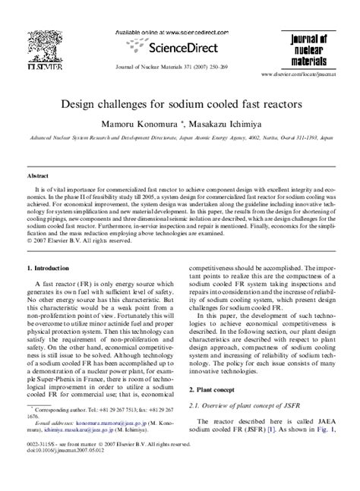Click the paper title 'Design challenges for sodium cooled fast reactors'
[180, 99]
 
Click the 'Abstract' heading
[39, 174]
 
